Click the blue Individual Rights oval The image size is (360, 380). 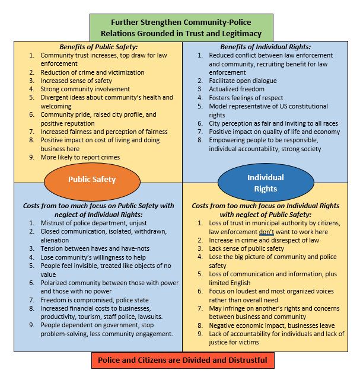pos(265,183)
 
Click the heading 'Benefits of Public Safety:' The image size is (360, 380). pos(98,47)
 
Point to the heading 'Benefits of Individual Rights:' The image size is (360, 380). pos(265,47)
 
